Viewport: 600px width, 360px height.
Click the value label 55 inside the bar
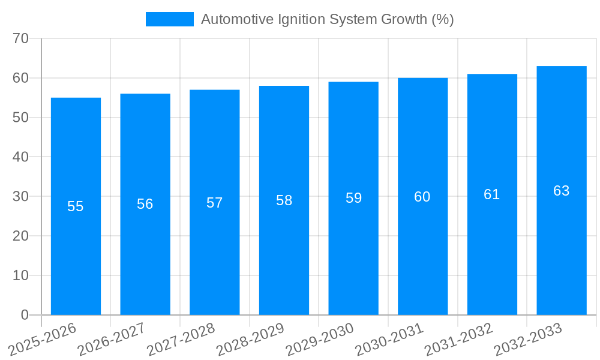coord(76,206)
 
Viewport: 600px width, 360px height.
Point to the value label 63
coord(562,191)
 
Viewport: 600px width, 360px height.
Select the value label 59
coord(353,198)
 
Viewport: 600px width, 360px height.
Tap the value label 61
coord(492,194)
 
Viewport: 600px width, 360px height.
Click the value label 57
coord(215,203)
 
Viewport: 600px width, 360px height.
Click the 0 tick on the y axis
coord(25,315)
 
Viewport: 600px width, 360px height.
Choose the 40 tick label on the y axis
coord(20,157)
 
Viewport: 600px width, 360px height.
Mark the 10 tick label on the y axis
coord(20,275)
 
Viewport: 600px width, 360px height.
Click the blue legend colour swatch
coord(170,19)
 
